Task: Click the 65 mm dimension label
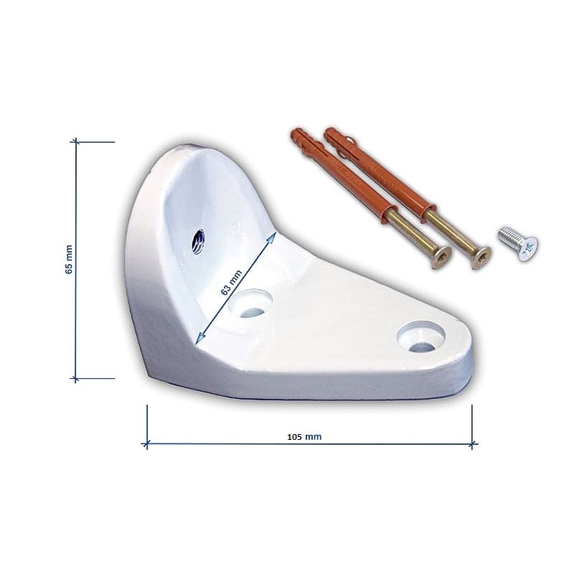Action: tap(69, 260)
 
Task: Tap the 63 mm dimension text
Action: tap(231, 283)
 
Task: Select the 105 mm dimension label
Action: tap(304, 437)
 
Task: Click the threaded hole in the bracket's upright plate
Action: tap(198, 242)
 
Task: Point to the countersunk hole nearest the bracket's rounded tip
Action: tap(421, 337)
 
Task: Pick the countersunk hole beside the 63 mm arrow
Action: tap(250, 304)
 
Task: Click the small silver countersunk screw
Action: tap(518, 243)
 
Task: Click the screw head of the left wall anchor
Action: tap(441, 258)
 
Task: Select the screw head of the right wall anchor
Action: tap(481, 258)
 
